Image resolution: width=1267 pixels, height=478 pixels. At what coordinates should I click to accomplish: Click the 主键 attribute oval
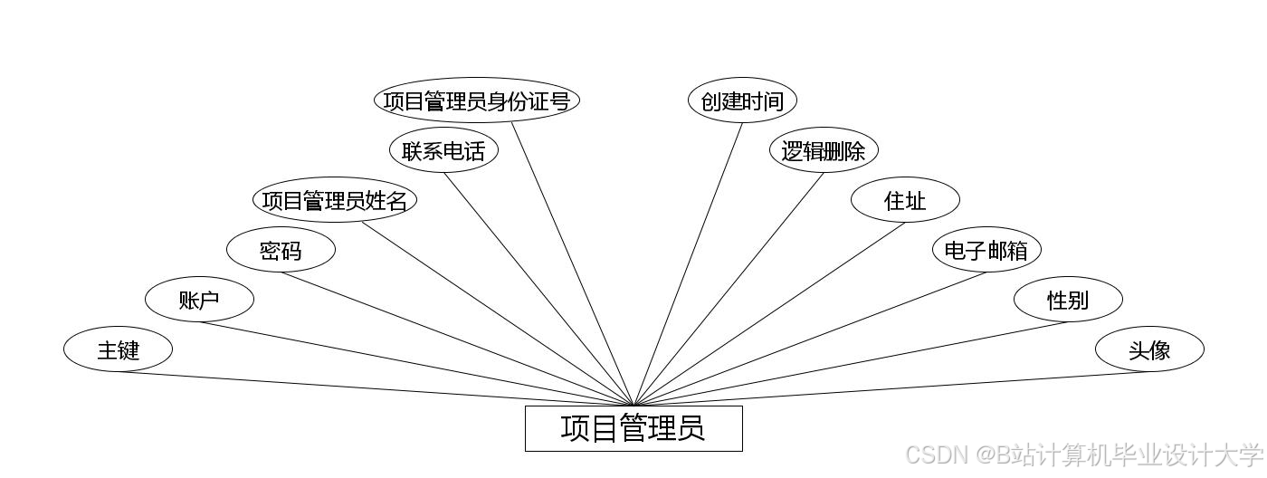coord(118,349)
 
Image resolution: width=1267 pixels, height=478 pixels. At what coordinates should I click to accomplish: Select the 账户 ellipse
coord(199,300)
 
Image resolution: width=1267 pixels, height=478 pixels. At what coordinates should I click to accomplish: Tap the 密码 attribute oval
coord(281,250)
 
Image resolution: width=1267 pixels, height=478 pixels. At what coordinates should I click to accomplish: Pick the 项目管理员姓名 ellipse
coord(335,200)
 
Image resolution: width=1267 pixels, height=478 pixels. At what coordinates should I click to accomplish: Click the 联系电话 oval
coord(443,150)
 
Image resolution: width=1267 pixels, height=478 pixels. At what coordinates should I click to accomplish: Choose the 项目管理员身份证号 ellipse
coord(476,100)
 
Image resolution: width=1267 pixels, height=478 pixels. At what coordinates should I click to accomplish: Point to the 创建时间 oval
coord(742,100)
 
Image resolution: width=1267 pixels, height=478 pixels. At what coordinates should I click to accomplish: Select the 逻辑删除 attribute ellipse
coord(824,150)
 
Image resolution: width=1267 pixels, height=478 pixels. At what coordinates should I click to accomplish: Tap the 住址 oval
coord(905,200)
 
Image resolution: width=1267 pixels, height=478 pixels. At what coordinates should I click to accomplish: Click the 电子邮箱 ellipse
coord(986,250)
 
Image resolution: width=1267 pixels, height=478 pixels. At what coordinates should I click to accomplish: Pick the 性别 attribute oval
coord(1068,300)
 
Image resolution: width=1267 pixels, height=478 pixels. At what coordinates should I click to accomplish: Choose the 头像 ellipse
coord(1149,349)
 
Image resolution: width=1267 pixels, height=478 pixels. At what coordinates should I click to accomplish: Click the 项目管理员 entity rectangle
coord(633,428)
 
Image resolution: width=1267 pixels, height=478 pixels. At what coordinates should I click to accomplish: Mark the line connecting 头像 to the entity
coord(891,388)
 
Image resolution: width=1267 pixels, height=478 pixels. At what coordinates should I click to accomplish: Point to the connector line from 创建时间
coord(688,264)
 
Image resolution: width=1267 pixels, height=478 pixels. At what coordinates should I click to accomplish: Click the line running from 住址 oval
coord(769,314)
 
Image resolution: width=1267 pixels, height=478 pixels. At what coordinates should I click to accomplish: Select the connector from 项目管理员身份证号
coord(573,264)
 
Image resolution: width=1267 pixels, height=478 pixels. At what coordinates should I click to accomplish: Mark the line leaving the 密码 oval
coord(457,339)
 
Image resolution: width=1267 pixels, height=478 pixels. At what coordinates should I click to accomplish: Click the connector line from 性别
coord(851,364)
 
